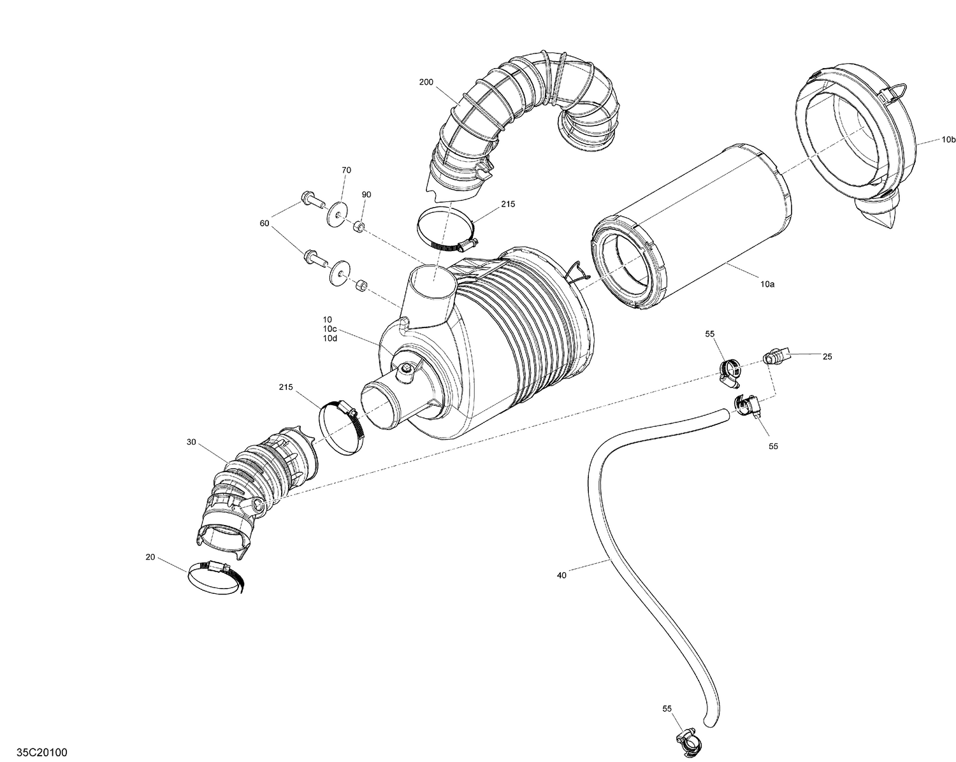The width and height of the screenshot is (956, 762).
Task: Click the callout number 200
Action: click(426, 82)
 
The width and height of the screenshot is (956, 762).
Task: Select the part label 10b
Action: click(949, 139)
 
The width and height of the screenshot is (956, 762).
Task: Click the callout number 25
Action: click(827, 357)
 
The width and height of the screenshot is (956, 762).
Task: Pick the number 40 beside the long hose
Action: click(561, 575)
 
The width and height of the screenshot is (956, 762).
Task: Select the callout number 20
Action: click(150, 557)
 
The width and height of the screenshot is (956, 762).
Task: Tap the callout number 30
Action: click(191, 442)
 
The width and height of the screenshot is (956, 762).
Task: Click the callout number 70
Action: click(346, 170)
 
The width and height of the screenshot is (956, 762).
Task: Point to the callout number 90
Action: click(366, 194)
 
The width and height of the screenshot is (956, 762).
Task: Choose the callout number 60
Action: click(264, 223)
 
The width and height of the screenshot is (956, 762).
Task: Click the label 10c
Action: click(330, 328)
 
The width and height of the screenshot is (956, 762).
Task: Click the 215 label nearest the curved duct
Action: click(508, 204)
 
